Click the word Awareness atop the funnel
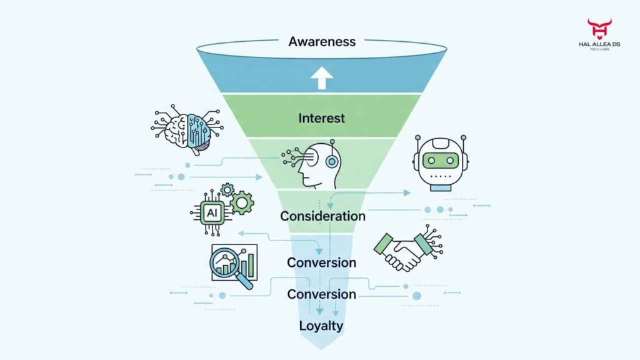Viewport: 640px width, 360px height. (322, 42)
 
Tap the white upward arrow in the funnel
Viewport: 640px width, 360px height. (322, 78)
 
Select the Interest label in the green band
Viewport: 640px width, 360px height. (321, 118)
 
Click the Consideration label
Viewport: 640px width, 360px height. (322, 216)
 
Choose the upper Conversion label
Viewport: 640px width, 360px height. (321, 262)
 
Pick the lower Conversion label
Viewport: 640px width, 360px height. (321, 294)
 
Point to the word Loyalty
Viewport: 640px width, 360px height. (321, 325)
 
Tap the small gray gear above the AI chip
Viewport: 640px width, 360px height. (227, 188)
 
